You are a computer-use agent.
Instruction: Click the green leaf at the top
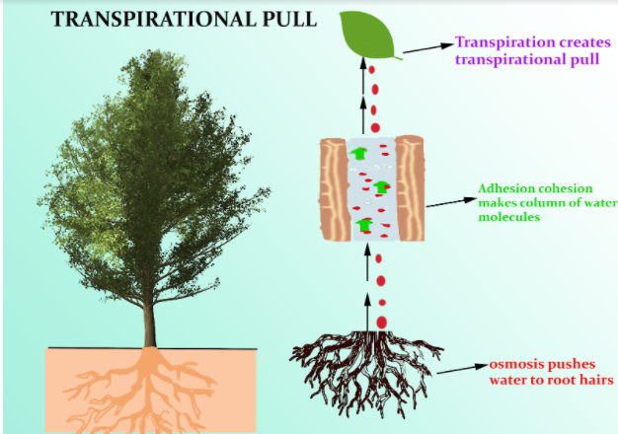tap(371, 37)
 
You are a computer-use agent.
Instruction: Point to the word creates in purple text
tap(575, 43)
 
